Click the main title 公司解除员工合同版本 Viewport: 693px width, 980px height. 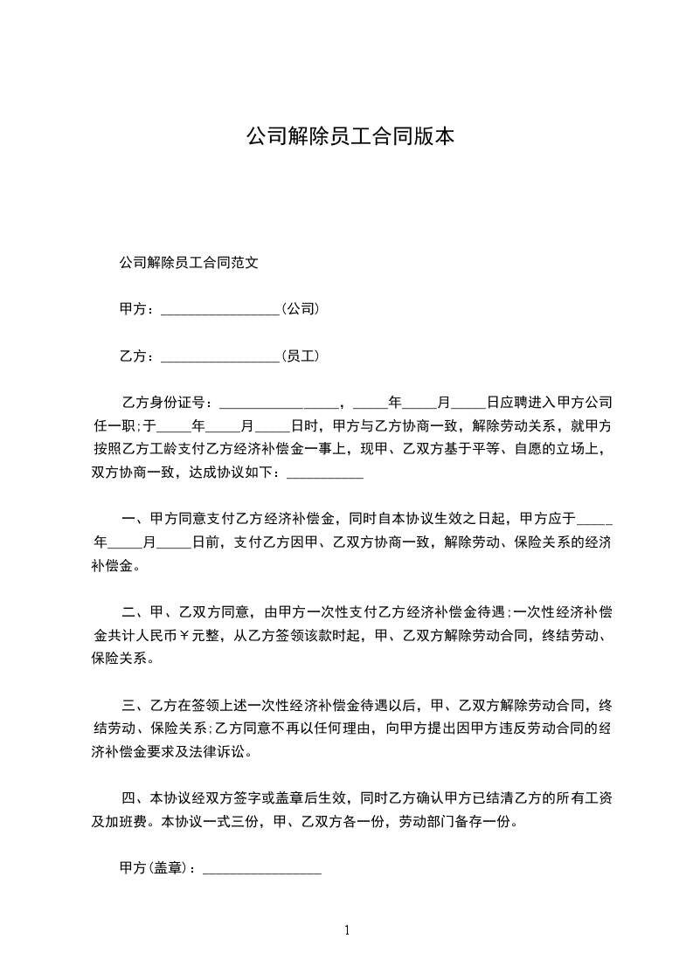tap(350, 137)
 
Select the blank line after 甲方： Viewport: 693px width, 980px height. tap(220, 311)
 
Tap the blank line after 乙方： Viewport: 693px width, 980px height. tap(220, 358)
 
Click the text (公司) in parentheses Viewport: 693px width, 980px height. tap(300, 308)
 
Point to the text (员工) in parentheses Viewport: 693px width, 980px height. tap(300, 355)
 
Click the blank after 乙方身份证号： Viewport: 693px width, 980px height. tap(277, 406)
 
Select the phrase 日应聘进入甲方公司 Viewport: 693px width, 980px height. tap(549, 403)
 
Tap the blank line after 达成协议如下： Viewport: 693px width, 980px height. tap(324, 476)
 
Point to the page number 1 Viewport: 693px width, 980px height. tap(347, 930)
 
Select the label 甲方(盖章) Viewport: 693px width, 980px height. tap(157, 869)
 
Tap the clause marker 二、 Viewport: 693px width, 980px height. tap(135, 612)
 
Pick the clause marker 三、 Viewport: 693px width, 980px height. tap(135, 705)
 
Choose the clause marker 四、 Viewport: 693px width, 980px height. tap(135, 798)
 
